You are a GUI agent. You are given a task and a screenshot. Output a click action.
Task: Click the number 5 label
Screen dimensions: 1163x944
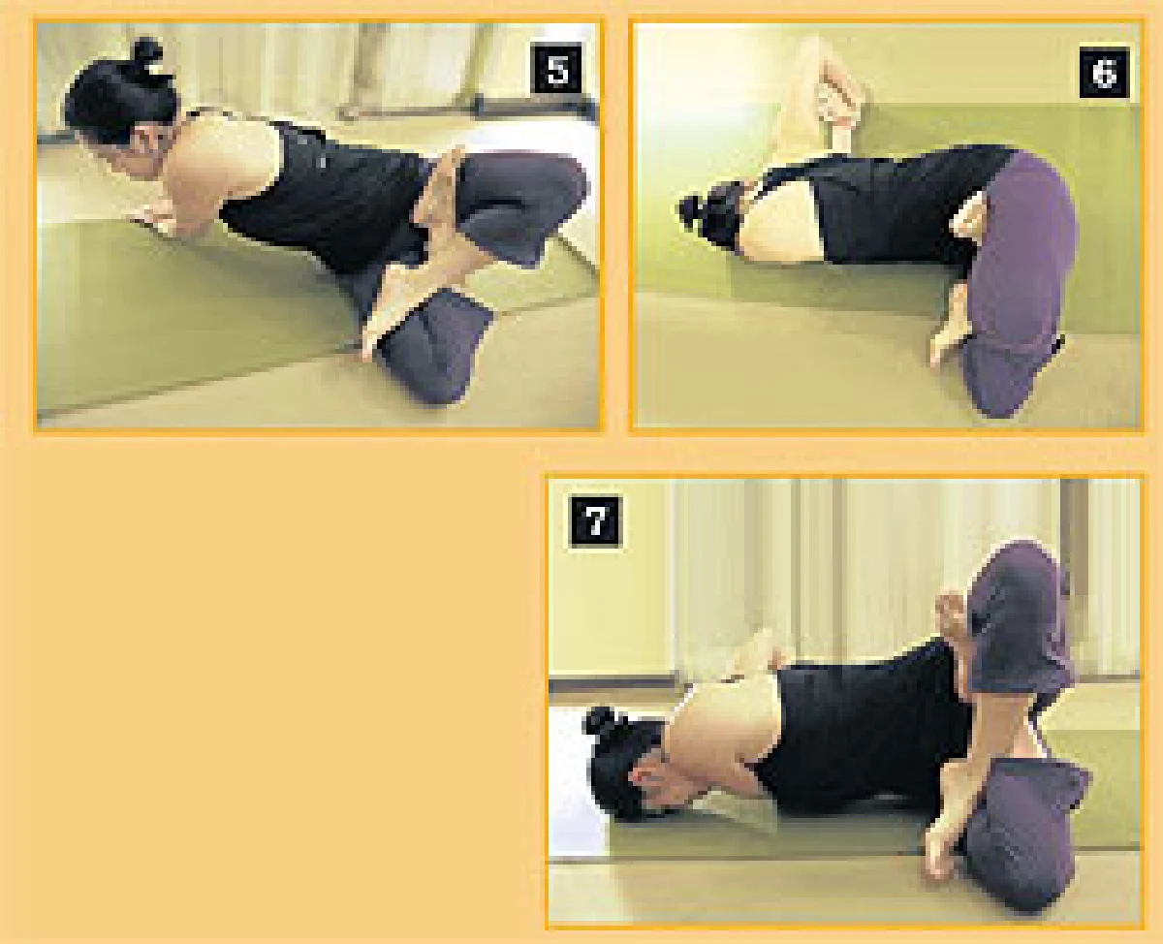click(x=557, y=70)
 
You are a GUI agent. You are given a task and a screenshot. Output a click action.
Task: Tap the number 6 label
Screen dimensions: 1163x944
click(x=1104, y=72)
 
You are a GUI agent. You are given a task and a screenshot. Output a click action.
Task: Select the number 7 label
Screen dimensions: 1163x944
click(x=596, y=520)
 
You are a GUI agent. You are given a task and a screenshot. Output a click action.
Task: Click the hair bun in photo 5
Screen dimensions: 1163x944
click(x=146, y=52)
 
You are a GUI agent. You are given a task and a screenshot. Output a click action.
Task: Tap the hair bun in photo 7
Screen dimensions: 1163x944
click(x=602, y=721)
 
